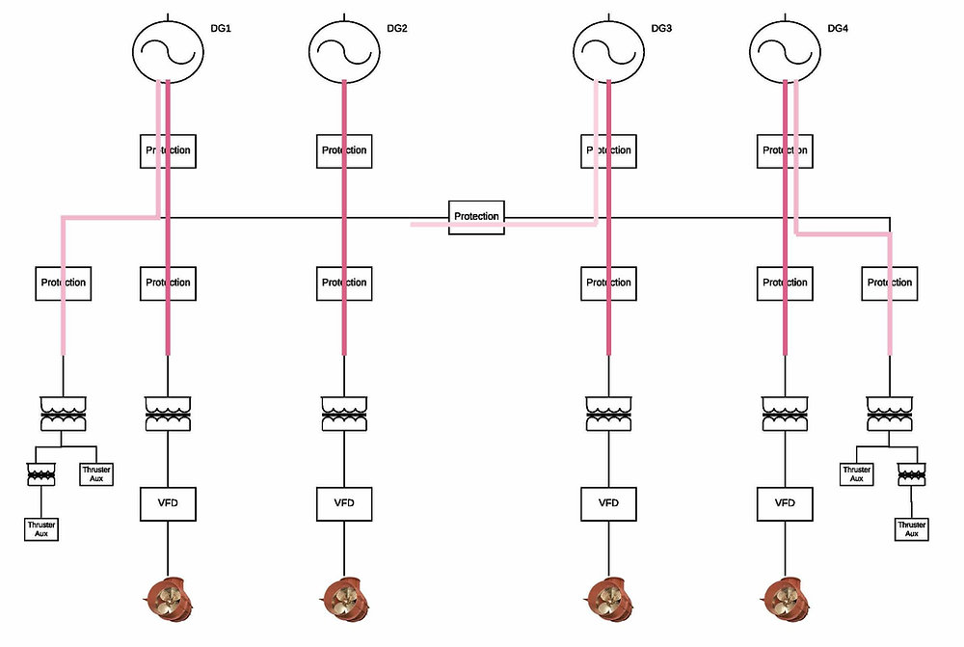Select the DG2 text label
[x=397, y=28]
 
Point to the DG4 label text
[x=839, y=28]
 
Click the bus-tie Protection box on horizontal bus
[x=476, y=216]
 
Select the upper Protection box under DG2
[x=344, y=150]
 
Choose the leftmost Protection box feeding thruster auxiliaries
[x=63, y=283]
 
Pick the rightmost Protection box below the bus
[x=890, y=283]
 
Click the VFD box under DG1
[x=168, y=503]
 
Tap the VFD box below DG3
[x=608, y=503]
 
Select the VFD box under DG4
[x=786, y=503]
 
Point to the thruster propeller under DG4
[x=784, y=598]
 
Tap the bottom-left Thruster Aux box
[x=40, y=528]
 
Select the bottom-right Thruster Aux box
[x=912, y=528]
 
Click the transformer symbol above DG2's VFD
[x=344, y=414]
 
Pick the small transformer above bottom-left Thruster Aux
[x=40, y=473]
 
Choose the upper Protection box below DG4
[x=786, y=150]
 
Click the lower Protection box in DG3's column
[x=608, y=283]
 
